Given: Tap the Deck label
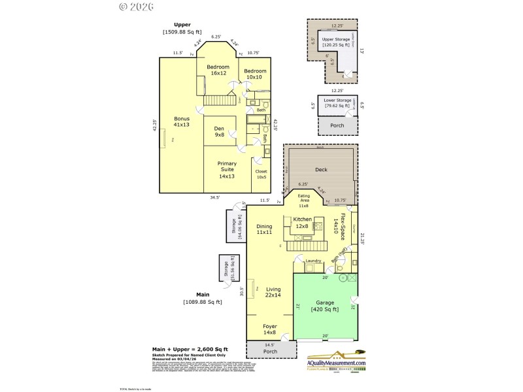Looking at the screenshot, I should [320, 170].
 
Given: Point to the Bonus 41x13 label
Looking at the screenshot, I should [181, 122].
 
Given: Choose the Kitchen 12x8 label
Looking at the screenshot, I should [302, 222].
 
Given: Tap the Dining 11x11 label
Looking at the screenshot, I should [264, 229].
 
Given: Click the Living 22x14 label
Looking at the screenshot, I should [273, 292].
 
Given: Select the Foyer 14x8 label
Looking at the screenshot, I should [269, 329].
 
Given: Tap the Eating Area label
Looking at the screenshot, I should [304, 201].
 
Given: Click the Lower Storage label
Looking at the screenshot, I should [337, 103].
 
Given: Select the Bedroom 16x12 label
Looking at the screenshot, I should [218, 70].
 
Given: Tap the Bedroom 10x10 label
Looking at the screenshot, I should [255, 74].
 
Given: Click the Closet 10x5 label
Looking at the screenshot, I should [261, 174].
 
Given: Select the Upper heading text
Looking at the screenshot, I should [182, 25].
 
